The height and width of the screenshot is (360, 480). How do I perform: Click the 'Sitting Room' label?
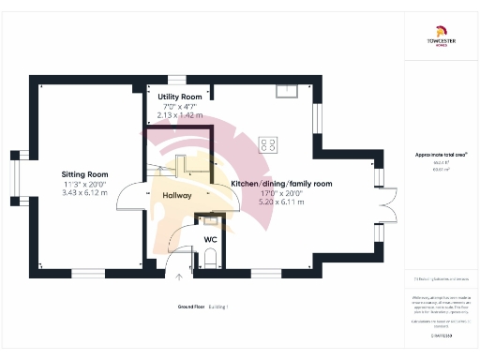[x=84, y=174]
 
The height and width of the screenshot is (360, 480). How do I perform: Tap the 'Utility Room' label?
[x=180, y=97]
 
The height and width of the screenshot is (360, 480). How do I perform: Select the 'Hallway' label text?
[x=177, y=196]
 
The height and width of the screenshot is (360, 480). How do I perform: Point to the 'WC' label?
[x=210, y=239]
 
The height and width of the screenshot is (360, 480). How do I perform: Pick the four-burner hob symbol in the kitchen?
[x=269, y=144]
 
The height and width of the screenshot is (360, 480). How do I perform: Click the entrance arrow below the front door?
[x=179, y=277]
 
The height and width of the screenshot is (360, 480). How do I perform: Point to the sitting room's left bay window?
[x=16, y=174]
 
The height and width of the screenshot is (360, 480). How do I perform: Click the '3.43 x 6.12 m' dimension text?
[x=84, y=193]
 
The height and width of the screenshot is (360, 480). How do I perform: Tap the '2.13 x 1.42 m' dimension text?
[x=180, y=115]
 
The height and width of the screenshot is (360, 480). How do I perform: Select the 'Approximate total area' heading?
[x=441, y=155]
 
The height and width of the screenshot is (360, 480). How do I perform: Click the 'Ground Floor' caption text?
[x=191, y=307]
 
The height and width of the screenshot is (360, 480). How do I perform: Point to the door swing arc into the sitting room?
[x=136, y=199]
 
